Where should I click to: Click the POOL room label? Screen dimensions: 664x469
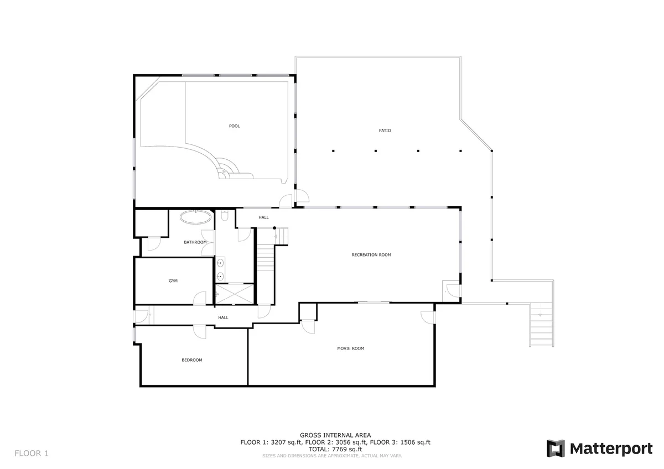coord(234,126)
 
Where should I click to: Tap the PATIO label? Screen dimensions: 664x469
coord(385,131)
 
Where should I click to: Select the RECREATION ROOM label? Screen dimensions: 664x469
coord(371,255)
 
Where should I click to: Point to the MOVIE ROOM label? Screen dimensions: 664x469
coord(350,348)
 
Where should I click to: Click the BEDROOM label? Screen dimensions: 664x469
coord(192,360)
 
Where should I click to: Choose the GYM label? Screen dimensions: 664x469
coord(173,280)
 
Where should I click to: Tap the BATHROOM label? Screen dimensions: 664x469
coord(195,242)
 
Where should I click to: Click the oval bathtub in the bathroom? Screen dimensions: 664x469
coord(196,217)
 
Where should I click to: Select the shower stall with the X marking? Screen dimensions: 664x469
coord(235,294)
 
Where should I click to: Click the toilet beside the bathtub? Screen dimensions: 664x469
coord(225,215)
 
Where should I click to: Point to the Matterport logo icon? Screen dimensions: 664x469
coord(556,449)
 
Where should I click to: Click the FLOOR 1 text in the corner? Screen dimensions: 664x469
coord(32,454)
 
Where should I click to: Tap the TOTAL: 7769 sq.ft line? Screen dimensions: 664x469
coord(335,449)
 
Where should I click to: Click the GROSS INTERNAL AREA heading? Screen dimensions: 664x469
coord(335,435)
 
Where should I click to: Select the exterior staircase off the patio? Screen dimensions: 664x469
coord(542,325)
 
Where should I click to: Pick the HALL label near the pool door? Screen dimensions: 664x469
coord(263,217)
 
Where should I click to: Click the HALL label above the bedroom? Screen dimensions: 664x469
coord(223,317)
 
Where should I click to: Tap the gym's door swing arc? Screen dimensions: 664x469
coord(199,298)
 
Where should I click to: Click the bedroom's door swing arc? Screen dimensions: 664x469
coord(199,332)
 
